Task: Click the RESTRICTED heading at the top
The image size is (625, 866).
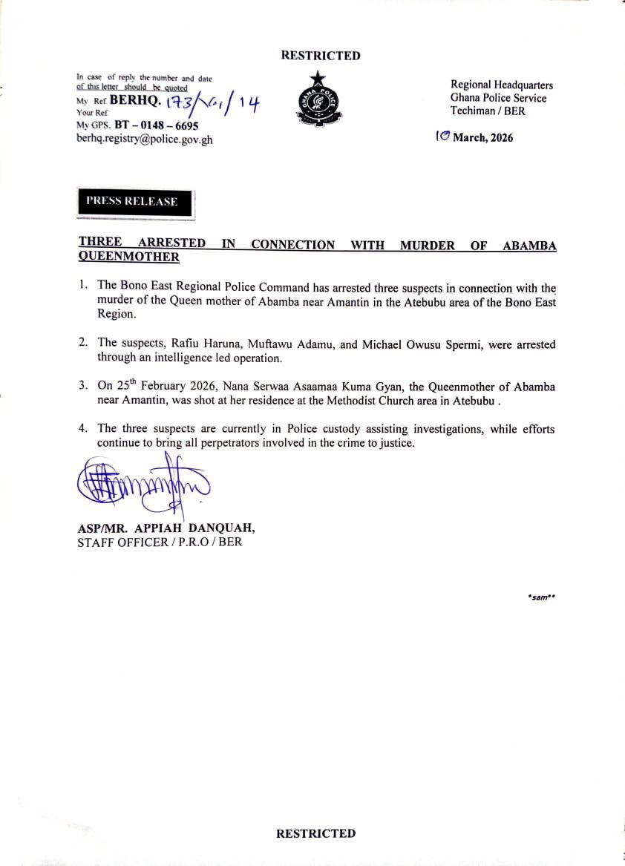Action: (320, 56)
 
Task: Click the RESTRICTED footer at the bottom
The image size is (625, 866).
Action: (315, 833)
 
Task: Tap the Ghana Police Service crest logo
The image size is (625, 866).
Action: (318, 101)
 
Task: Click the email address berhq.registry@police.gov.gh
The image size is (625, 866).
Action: (144, 139)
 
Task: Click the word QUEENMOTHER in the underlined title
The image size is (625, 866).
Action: (128, 257)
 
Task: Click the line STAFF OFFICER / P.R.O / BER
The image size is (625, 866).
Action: (160, 542)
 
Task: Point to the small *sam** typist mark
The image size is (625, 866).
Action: (541, 596)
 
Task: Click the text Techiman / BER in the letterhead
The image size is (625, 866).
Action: (487, 111)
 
